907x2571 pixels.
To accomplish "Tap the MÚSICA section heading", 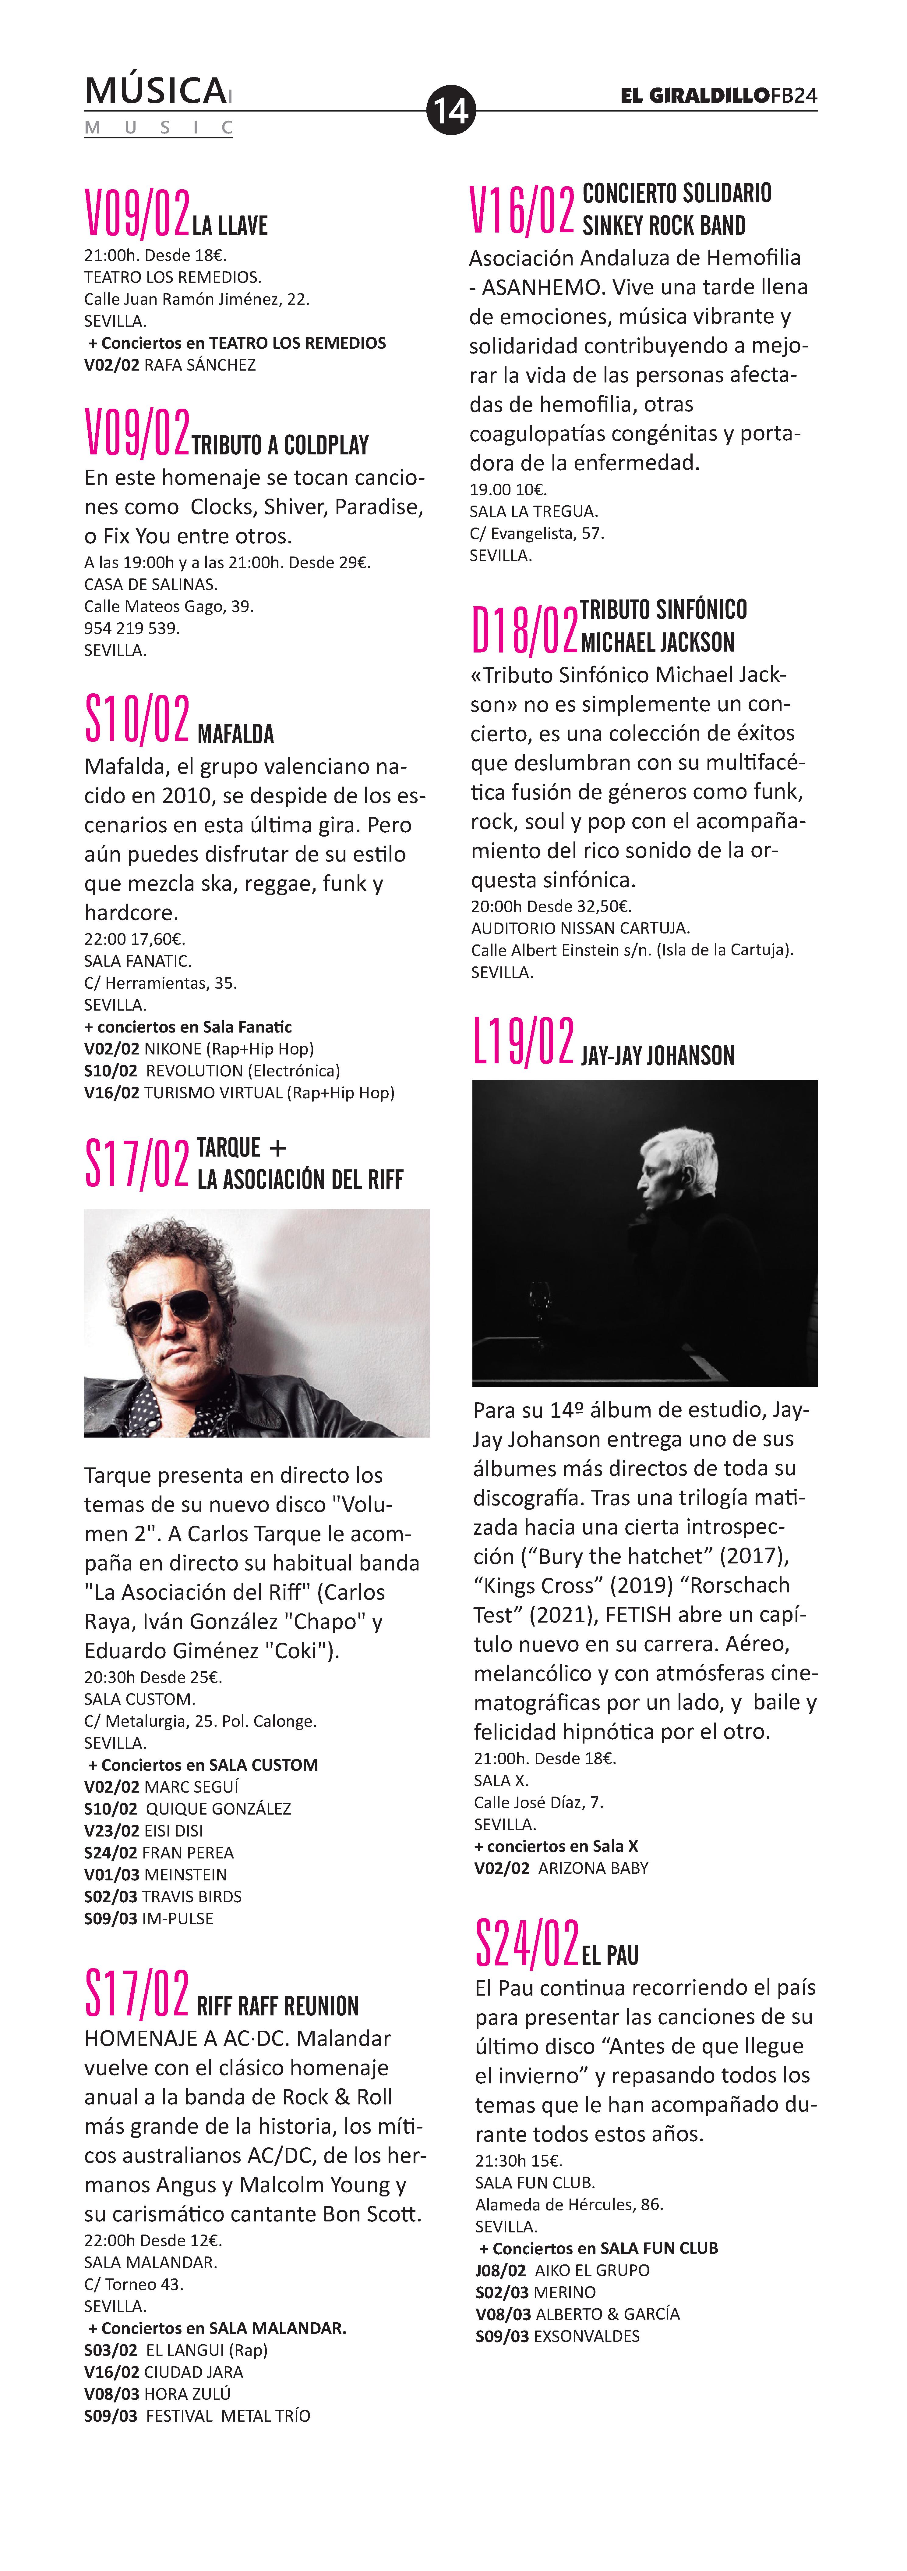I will pos(156,92).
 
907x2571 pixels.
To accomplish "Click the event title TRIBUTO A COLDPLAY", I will pos(281,445).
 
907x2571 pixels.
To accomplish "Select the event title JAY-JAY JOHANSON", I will pos(658,1056).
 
